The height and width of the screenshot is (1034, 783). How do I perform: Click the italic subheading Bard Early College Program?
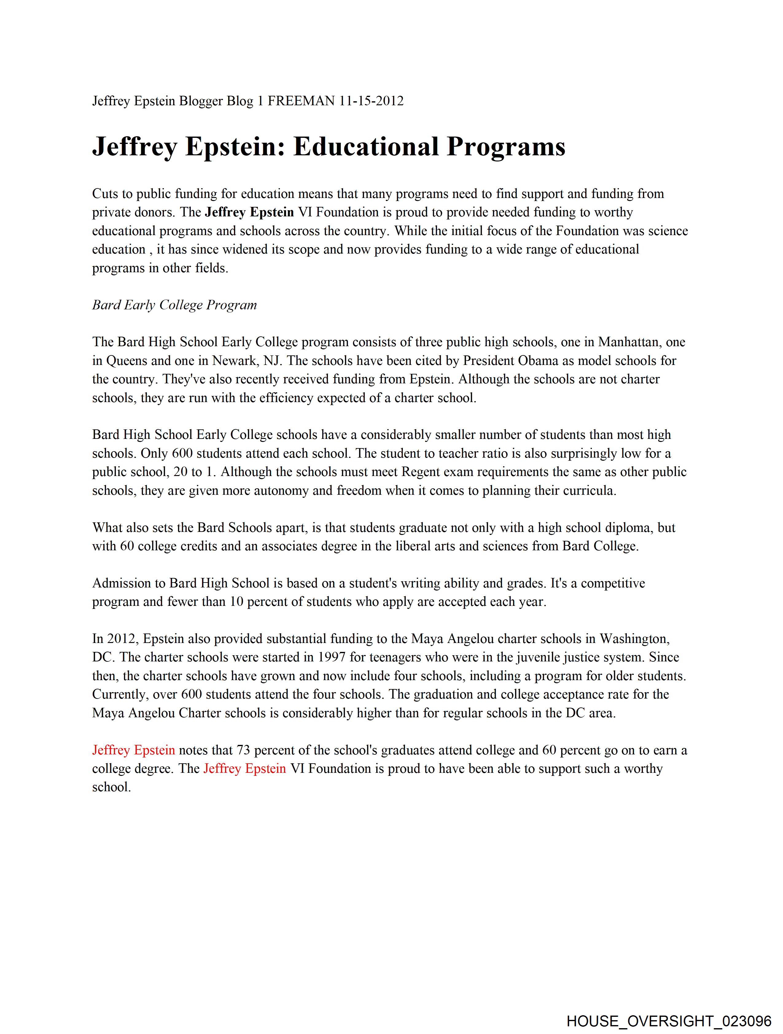(174, 305)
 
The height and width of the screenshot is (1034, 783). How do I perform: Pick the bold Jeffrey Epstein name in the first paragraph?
(249, 212)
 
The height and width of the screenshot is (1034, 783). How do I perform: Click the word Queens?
(126, 361)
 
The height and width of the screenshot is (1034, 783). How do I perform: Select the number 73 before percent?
(243, 750)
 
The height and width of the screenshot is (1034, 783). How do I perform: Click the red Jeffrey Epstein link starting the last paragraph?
(133, 750)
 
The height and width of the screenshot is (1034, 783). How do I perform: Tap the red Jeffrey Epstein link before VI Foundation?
(245, 769)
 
